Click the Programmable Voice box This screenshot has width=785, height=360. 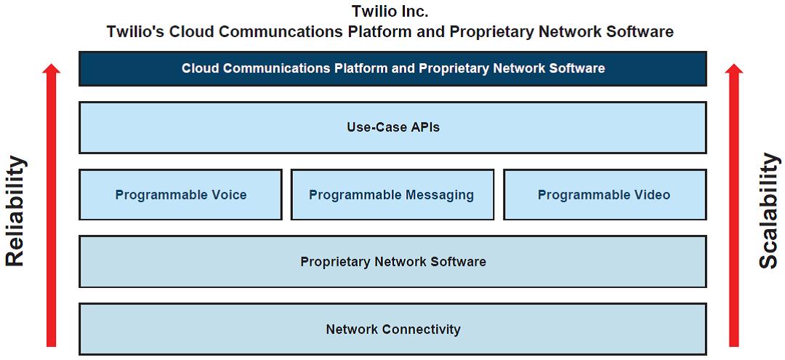click(x=181, y=194)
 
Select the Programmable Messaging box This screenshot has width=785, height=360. click(x=392, y=194)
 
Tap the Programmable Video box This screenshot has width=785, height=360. click(x=605, y=194)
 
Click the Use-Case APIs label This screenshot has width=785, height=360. click(x=393, y=127)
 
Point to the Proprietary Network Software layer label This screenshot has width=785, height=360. click(x=393, y=261)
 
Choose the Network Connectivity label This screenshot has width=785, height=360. click(x=393, y=329)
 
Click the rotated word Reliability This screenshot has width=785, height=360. click(x=15, y=211)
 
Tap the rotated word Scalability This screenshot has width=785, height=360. click(x=770, y=211)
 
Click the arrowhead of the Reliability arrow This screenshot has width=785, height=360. click(x=51, y=68)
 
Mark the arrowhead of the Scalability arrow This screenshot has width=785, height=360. click(x=734, y=68)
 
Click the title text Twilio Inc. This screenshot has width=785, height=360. click(x=390, y=10)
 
